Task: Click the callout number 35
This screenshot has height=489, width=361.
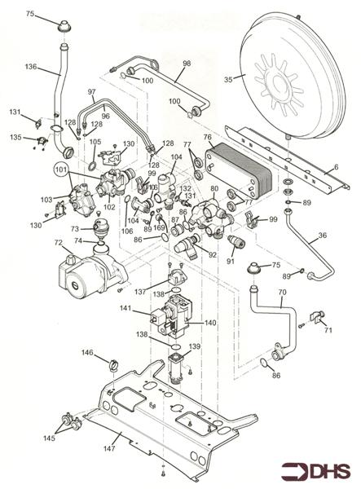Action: pyautogui.click(x=229, y=79)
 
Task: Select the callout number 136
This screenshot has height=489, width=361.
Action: pyautogui.click(x=32, y=66)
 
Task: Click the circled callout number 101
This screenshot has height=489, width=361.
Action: pyautogui.click(x=60, y=170)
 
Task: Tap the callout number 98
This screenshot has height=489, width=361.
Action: pyautogui.click(x=186, y=64)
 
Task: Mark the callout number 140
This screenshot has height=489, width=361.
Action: pyautogui.click(x=210, y=323)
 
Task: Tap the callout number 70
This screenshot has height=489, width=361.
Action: pyautogui.click(x=282, y=292)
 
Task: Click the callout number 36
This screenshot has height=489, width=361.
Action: pyautogui.click(x=322, y=236)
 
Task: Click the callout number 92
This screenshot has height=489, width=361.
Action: pyautogui.click(x=213, y=254)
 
